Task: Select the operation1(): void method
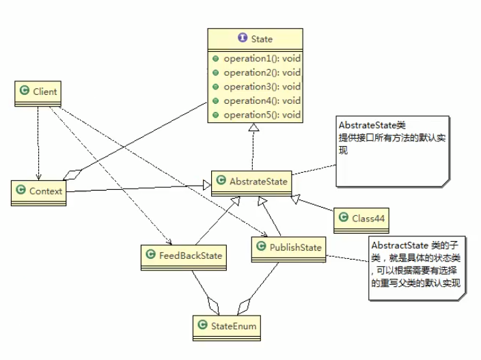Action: pos(261,59)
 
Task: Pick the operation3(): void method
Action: pos(261,87)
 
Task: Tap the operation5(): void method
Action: pos(261,115)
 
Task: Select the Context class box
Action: pos(38,192)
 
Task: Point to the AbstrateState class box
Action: pos(249,182)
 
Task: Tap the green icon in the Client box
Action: pos(25,91)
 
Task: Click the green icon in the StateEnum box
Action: pos(203,326)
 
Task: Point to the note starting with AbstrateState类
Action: pos(392,150)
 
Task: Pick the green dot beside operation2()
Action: pos(216,72)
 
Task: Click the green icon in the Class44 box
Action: pos(346,218)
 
